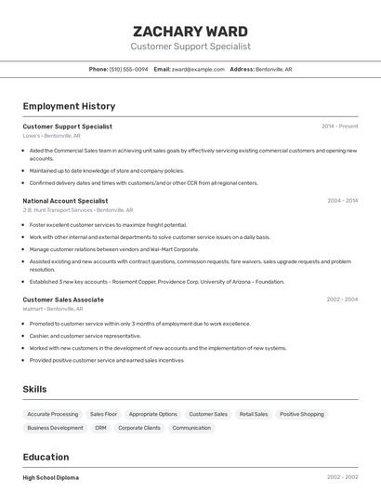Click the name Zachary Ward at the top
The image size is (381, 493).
tap(190, 30)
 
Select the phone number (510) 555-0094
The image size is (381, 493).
tap(128, 69)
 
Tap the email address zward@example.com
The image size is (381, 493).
tap(198, 69)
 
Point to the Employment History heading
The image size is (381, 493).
tap(69, 106)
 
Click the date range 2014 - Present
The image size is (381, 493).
tap(339, 127)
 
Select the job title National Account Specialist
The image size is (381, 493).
tap(65, 201)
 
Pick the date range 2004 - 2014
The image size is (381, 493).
tap(342, 201)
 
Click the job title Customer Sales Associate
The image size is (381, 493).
tap(63, 300)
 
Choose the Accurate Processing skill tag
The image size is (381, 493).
tap(53, 414)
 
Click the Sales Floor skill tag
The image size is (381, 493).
tap(103, 414)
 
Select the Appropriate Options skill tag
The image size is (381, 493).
tap(152, 414)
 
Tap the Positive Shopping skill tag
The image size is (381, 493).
tap(302, 414)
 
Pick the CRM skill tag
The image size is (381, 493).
tap(100, 428)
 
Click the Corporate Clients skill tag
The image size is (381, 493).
tap(139, 428)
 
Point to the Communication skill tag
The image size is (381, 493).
tap(191, 428)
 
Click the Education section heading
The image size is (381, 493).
tap(46, 457)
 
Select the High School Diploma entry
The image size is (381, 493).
tap(50, 477)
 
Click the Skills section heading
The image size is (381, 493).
tap(34, 389)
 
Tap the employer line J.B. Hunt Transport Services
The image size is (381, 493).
tap(58, 210)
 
